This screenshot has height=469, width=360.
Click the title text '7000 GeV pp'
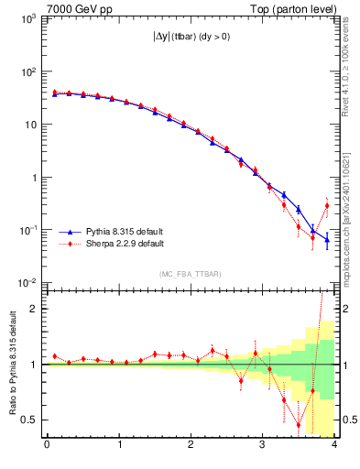click(x=75, y=8)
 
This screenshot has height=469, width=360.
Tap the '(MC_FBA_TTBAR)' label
click(x=190, y=274)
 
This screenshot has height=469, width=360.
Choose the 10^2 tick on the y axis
click(x=29, y=71)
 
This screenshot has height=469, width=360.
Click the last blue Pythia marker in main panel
click(x=327, y=240)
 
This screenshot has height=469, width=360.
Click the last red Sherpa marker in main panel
click(x=327, y=205)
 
